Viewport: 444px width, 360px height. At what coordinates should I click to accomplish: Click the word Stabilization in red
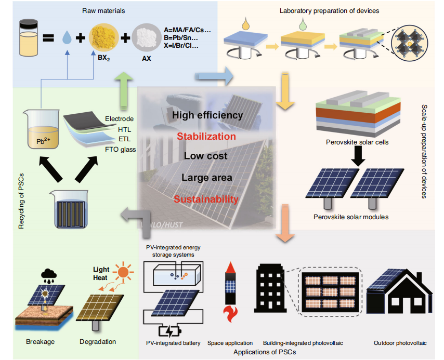pos(206,136)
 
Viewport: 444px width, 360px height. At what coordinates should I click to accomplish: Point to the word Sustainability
pos(206,199)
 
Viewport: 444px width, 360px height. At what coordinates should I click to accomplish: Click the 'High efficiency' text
pos(207,115)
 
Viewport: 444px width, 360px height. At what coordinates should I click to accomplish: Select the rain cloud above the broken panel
pos(49,274)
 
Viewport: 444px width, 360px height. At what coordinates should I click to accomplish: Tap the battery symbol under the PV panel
pos(171,331)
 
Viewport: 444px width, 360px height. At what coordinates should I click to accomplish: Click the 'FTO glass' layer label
pos(121,150)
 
